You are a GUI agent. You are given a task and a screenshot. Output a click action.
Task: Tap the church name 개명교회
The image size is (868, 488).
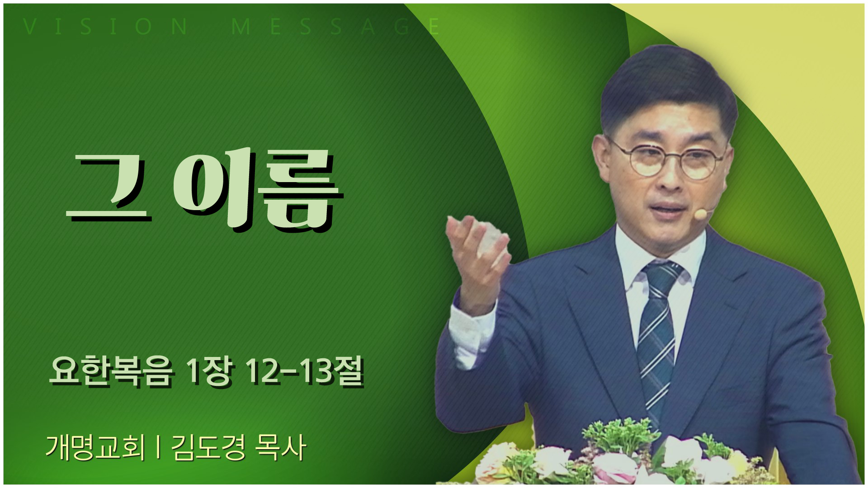(x=95, y=448)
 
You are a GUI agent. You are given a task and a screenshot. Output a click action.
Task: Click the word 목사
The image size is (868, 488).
(x=281, y=448)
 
